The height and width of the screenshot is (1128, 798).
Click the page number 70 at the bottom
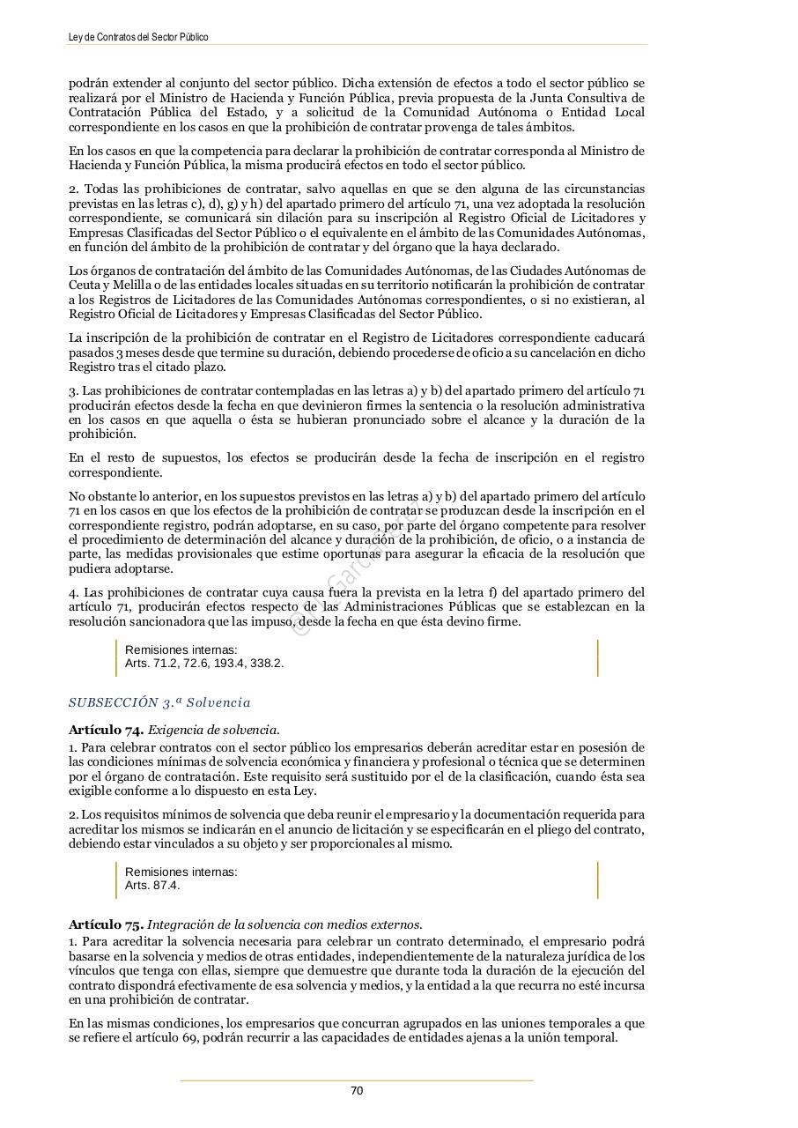pos(357,1091)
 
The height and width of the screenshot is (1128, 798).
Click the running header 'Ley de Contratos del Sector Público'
pos(138,37)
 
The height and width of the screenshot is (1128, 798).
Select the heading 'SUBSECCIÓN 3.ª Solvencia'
pos(159,702)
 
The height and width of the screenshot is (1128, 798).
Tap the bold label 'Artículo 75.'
pos(107,924)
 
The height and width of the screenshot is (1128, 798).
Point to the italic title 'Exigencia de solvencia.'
pos(213,730)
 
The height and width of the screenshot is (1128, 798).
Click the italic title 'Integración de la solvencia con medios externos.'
pos(284,924)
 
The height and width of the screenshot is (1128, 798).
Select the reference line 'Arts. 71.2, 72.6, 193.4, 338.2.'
pos(204,663)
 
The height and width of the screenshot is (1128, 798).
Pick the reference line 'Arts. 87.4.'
pos(152,885)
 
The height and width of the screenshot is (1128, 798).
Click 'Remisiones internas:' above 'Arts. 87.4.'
pos(181,872)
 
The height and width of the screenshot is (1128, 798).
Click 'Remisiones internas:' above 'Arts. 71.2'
pos(181,649)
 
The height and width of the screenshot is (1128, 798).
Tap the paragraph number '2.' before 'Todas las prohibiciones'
pos(74,189)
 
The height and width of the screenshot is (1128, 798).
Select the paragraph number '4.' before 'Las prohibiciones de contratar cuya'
pos(74,592)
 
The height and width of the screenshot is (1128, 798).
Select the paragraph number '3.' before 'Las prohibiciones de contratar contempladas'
pos(74,391)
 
